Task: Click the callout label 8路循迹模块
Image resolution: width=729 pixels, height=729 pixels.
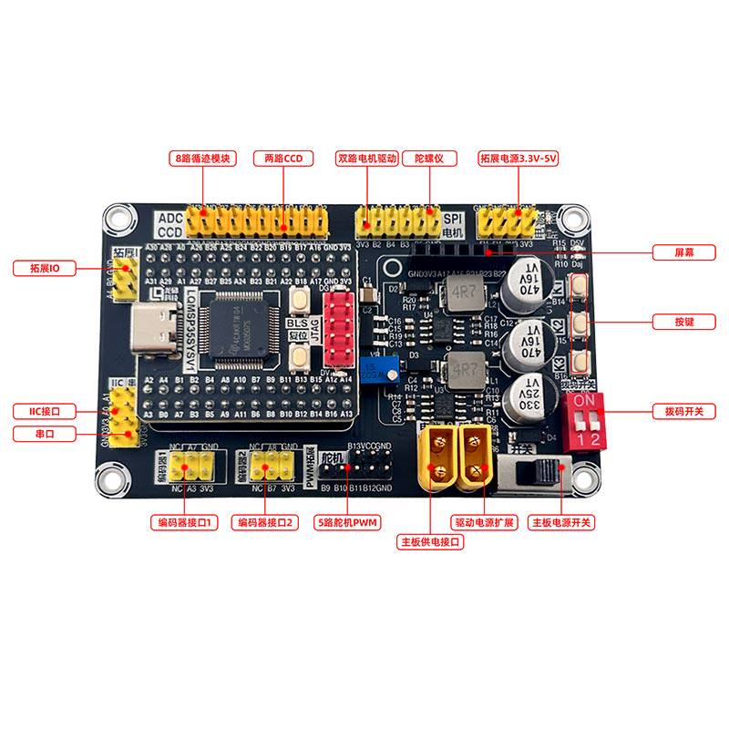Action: tap(202, 158)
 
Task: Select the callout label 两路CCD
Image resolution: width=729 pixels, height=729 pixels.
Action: tap(282, 158)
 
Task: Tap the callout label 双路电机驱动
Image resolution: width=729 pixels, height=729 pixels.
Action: tap(366, 158)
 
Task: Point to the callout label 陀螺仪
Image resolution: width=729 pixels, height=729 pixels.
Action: tap(428, 158)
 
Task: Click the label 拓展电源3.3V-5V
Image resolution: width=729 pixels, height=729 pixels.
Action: tap(518, 158)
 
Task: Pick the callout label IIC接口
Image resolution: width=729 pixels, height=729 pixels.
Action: tap(44, 412)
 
